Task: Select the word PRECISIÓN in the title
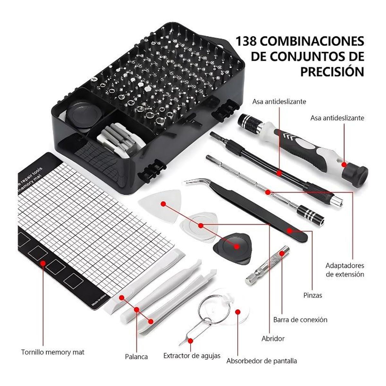332,72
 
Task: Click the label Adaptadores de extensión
345,270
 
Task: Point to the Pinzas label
313,295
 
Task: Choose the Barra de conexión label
300,320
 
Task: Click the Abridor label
273,338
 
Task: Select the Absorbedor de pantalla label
262,361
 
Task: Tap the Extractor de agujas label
192,355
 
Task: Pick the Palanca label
136,356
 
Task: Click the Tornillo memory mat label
53,352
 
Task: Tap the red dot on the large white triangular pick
163,204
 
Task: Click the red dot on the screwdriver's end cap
344,164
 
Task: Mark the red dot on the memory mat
42,263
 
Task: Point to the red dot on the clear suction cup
238,312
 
